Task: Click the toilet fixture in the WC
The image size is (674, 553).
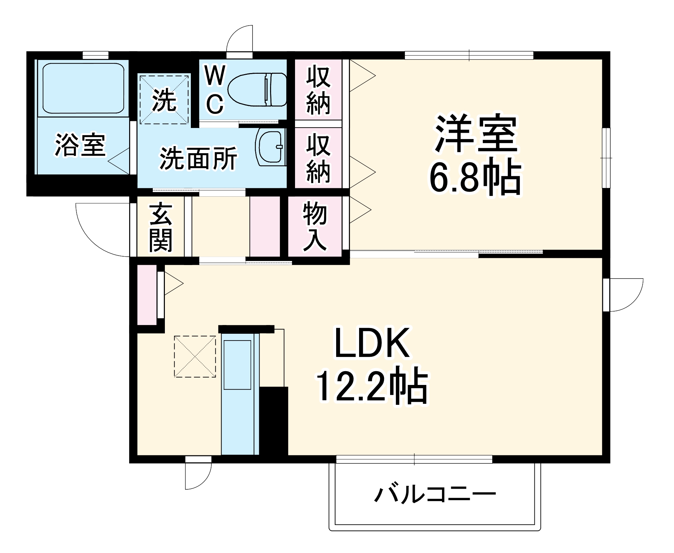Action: [258, 89]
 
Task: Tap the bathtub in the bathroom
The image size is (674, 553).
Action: [83, 88]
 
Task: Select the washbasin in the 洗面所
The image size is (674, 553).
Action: [270, 147]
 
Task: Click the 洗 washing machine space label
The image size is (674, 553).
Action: [164, 100]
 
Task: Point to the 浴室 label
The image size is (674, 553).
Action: [80, 145]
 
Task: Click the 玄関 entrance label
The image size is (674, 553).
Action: [161, 227]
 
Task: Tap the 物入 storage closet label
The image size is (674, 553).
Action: [315, 227]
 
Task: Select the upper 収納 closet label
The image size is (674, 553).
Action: [318, 90]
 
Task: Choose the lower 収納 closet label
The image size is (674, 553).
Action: [318, 158]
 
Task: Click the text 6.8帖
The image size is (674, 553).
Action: [475, 177]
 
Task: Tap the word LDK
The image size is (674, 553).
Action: [372, 343]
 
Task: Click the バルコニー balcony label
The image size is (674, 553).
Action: [435, 494]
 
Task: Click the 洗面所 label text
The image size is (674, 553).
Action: [198, 158]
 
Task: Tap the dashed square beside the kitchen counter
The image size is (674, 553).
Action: [195, 356]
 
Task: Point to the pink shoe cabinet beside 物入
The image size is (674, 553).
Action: [265, 226]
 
